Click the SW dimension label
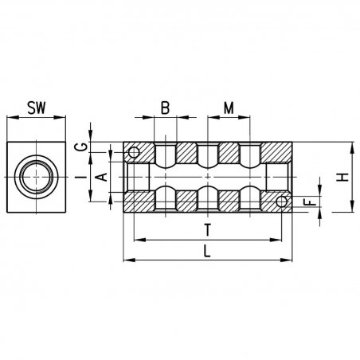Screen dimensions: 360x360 point(37,108)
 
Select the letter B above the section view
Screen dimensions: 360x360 point(165,108)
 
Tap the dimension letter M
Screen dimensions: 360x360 point(229,108)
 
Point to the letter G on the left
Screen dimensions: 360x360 point(84,147)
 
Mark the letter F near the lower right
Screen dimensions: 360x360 point(310,202)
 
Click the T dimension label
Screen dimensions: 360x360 point(208,230)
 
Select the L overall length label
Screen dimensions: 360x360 point(207,251)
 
